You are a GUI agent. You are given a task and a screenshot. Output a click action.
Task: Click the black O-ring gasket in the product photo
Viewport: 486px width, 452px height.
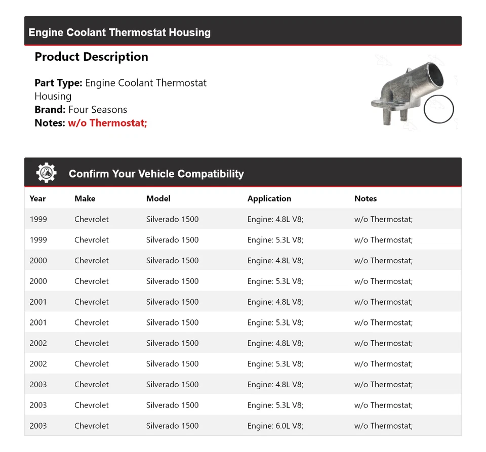438,109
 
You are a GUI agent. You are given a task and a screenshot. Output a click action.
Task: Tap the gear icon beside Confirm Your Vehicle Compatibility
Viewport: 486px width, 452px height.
47,173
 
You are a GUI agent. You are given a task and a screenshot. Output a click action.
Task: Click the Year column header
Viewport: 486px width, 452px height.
37,198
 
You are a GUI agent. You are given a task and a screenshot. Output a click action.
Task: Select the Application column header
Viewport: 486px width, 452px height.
269,198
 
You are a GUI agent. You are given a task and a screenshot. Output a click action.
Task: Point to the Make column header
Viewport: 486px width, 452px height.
85,198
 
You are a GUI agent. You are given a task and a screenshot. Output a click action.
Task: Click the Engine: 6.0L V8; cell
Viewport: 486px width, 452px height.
275,426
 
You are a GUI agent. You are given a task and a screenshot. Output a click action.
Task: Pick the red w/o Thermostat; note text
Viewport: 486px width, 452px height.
107,123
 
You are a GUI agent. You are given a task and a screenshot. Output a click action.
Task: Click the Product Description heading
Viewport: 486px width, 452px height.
91,57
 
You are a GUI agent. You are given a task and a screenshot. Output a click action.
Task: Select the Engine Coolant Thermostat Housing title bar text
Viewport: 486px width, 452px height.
119,32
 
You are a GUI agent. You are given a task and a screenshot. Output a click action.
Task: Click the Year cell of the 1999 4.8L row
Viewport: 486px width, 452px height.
38,219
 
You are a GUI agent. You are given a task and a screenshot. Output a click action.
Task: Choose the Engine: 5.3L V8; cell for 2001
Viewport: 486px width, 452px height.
275,322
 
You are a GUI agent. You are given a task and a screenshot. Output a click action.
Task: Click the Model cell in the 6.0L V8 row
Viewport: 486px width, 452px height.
172,426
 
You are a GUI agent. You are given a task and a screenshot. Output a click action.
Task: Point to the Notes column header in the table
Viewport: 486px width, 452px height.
366,198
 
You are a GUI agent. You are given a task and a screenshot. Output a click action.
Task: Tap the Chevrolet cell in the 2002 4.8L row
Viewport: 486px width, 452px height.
91,343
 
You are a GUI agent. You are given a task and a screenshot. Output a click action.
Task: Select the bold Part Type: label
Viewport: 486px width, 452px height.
58,83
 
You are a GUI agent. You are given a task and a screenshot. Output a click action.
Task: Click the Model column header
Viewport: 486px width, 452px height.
158,198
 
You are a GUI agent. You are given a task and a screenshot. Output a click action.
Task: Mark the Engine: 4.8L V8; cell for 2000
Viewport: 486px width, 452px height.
275,261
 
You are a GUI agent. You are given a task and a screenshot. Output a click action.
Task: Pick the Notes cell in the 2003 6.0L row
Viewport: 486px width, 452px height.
383,426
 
